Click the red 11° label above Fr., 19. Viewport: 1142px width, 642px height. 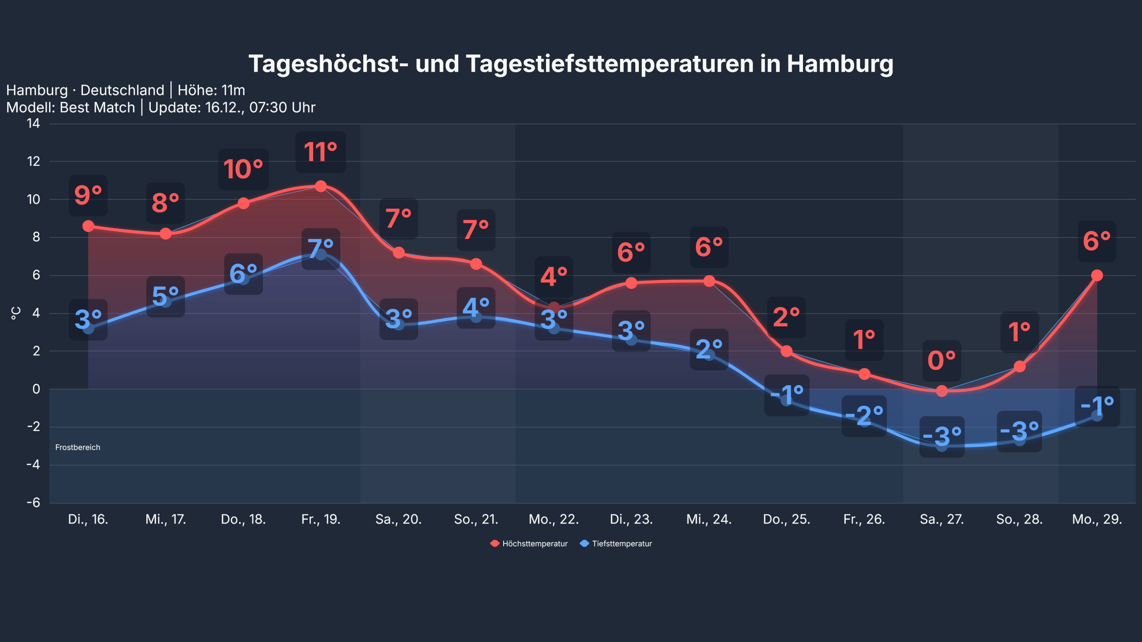(321, 152)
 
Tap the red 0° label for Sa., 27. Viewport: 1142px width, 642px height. (942, 360)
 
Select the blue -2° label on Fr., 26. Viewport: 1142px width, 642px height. (864, 416)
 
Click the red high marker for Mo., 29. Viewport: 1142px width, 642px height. (1097, 276)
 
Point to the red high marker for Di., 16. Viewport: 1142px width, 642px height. (88, 226)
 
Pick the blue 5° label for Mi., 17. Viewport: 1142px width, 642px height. (166, 296)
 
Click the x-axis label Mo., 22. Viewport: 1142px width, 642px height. (554, 519)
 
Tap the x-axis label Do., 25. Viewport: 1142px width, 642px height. (786, 519)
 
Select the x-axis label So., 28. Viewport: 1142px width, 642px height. (1019, 519)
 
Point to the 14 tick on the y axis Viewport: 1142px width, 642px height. (33, 123)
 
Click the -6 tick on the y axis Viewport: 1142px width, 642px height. (33, 503)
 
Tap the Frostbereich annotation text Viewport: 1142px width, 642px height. (78, 447)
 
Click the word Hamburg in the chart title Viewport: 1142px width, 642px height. (840, 64)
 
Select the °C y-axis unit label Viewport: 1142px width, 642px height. (16, 313)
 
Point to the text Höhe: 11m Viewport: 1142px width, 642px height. (211, 91)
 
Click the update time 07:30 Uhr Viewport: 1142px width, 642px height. (282, 107)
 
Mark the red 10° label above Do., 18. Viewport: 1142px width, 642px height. (243, 169)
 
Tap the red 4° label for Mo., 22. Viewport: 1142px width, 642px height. (554, 277)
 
